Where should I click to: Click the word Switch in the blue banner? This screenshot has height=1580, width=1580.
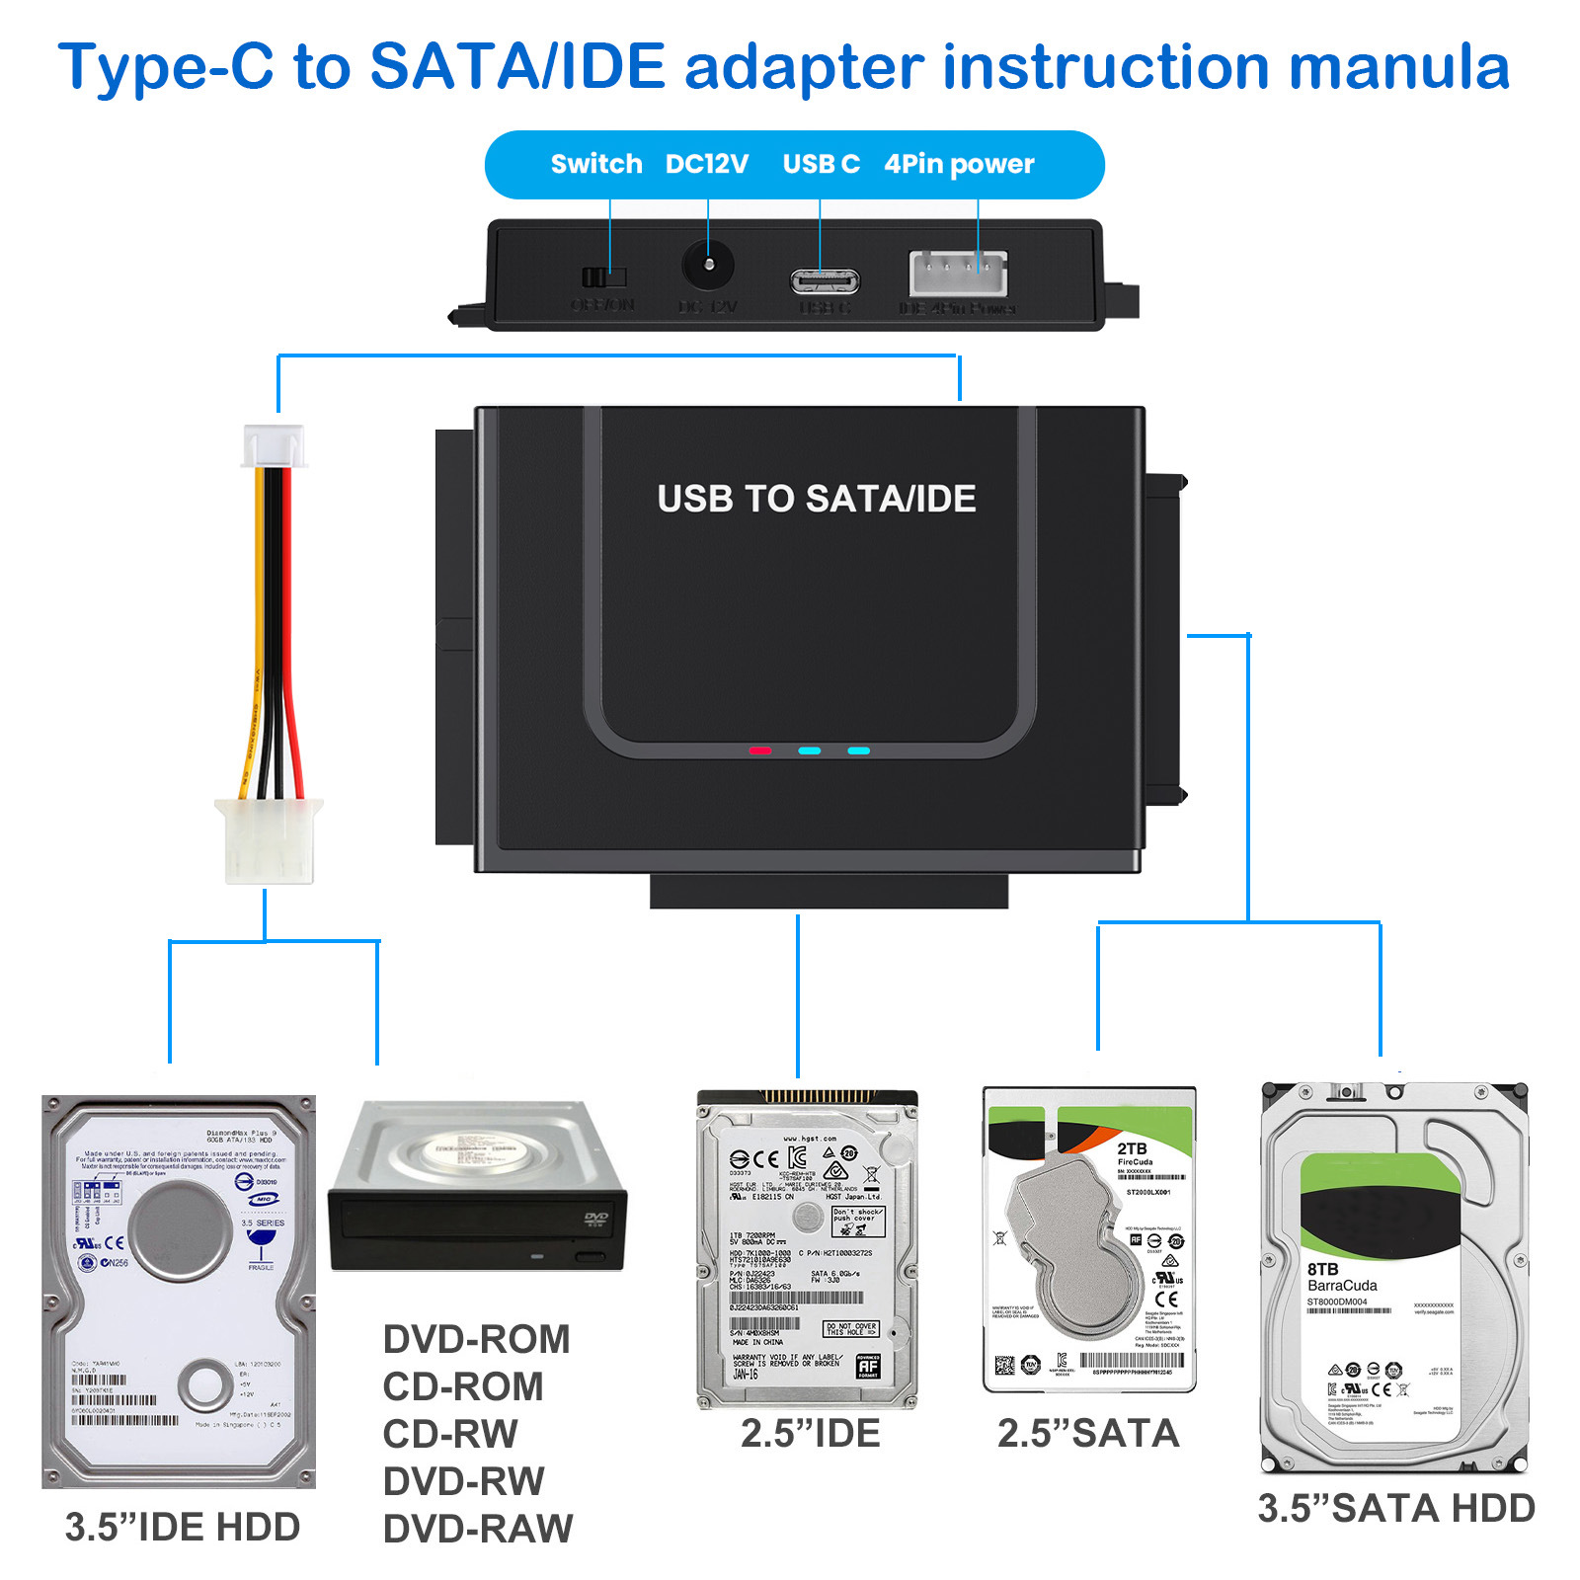click(595, 164)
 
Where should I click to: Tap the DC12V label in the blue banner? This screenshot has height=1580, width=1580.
click(706, 164)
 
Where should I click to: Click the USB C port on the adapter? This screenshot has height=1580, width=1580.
click(825, 281)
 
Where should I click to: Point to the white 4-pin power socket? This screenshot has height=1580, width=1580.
click(958, 272)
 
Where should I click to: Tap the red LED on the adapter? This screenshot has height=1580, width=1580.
click(759, 750)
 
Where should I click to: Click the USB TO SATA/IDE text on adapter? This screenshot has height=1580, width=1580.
click(816, 499)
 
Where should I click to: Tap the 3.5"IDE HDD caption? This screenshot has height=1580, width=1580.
click(182, 1527)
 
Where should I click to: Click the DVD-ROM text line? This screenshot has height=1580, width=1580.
click(476, 1340)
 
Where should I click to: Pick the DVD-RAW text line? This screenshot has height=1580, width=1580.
click(477, 1529)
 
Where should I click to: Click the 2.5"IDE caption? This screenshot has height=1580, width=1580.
click(810, 1434)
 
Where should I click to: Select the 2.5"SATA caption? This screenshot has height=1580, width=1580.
click(1087, 1434)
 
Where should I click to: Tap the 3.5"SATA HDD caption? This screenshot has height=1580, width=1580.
click(1395, 1508)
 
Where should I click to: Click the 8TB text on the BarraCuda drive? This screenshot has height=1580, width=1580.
click(1322, 1269)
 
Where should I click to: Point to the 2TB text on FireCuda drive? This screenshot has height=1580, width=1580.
click(1132, 1148)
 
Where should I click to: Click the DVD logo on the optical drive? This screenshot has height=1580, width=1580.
click(595, 1220)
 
